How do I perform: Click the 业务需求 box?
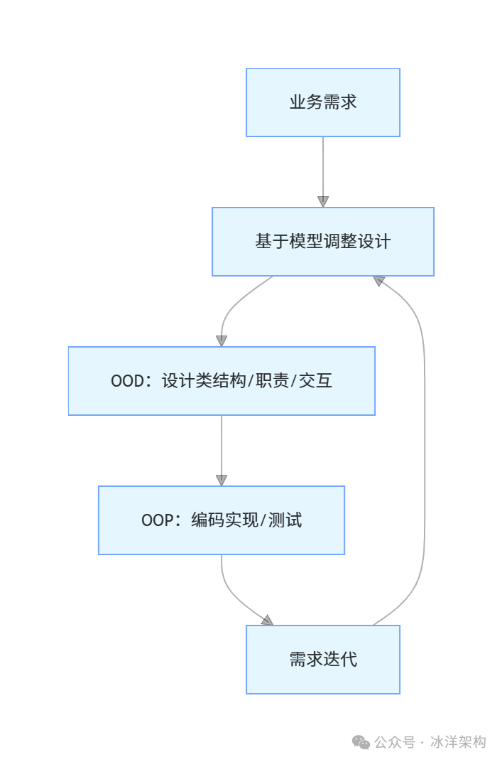(323, 102)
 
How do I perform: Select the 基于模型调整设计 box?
(323, 242)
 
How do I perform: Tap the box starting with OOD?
(222, 381)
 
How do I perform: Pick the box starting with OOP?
(222, 520)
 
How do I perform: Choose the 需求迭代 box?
(323, 660)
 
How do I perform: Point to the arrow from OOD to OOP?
(222, 448)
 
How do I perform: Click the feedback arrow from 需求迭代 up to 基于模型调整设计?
(425, 455)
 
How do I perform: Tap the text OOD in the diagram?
(126, 382)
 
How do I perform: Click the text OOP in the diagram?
(156, 521)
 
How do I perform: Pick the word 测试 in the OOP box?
(286, 521)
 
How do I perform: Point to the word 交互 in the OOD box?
(316, 382)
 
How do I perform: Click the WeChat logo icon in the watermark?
(361, 743)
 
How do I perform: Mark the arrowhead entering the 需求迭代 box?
(266, 621)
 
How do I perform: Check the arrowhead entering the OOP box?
(222, 481)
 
